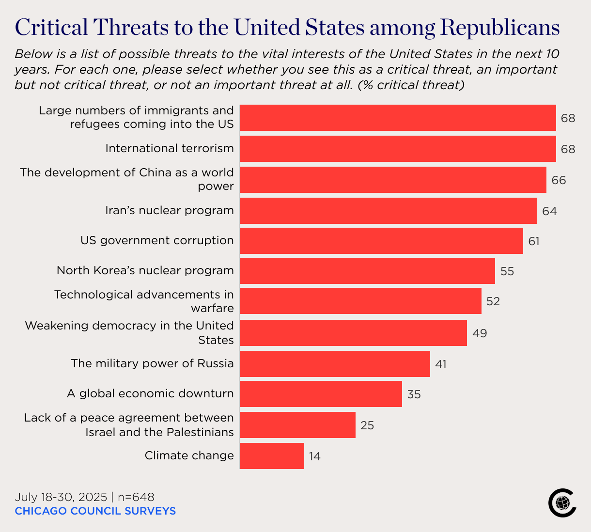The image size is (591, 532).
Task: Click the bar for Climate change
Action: (272, 456)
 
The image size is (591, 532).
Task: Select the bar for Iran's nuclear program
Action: (388, 211)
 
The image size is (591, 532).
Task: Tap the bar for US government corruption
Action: (381, 241)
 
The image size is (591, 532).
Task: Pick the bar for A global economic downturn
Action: (321, 394)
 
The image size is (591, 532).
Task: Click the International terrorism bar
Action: (398, 149)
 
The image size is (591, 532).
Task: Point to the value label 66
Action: (559, 180)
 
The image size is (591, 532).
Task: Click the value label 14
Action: (315, 456)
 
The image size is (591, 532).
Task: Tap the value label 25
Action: (367, 425)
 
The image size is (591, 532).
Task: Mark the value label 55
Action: (507, 271)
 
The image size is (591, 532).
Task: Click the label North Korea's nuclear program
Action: (145, 270)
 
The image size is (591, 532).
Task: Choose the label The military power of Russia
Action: (152, 363)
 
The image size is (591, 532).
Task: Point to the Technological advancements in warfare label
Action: (144, 301)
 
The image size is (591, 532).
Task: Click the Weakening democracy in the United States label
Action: (129, 333)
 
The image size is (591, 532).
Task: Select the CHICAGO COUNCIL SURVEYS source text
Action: (95, 511)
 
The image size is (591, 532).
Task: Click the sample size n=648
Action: (136, 497)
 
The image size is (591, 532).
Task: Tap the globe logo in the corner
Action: (562, 503)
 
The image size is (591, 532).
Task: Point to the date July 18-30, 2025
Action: (61, 497)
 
